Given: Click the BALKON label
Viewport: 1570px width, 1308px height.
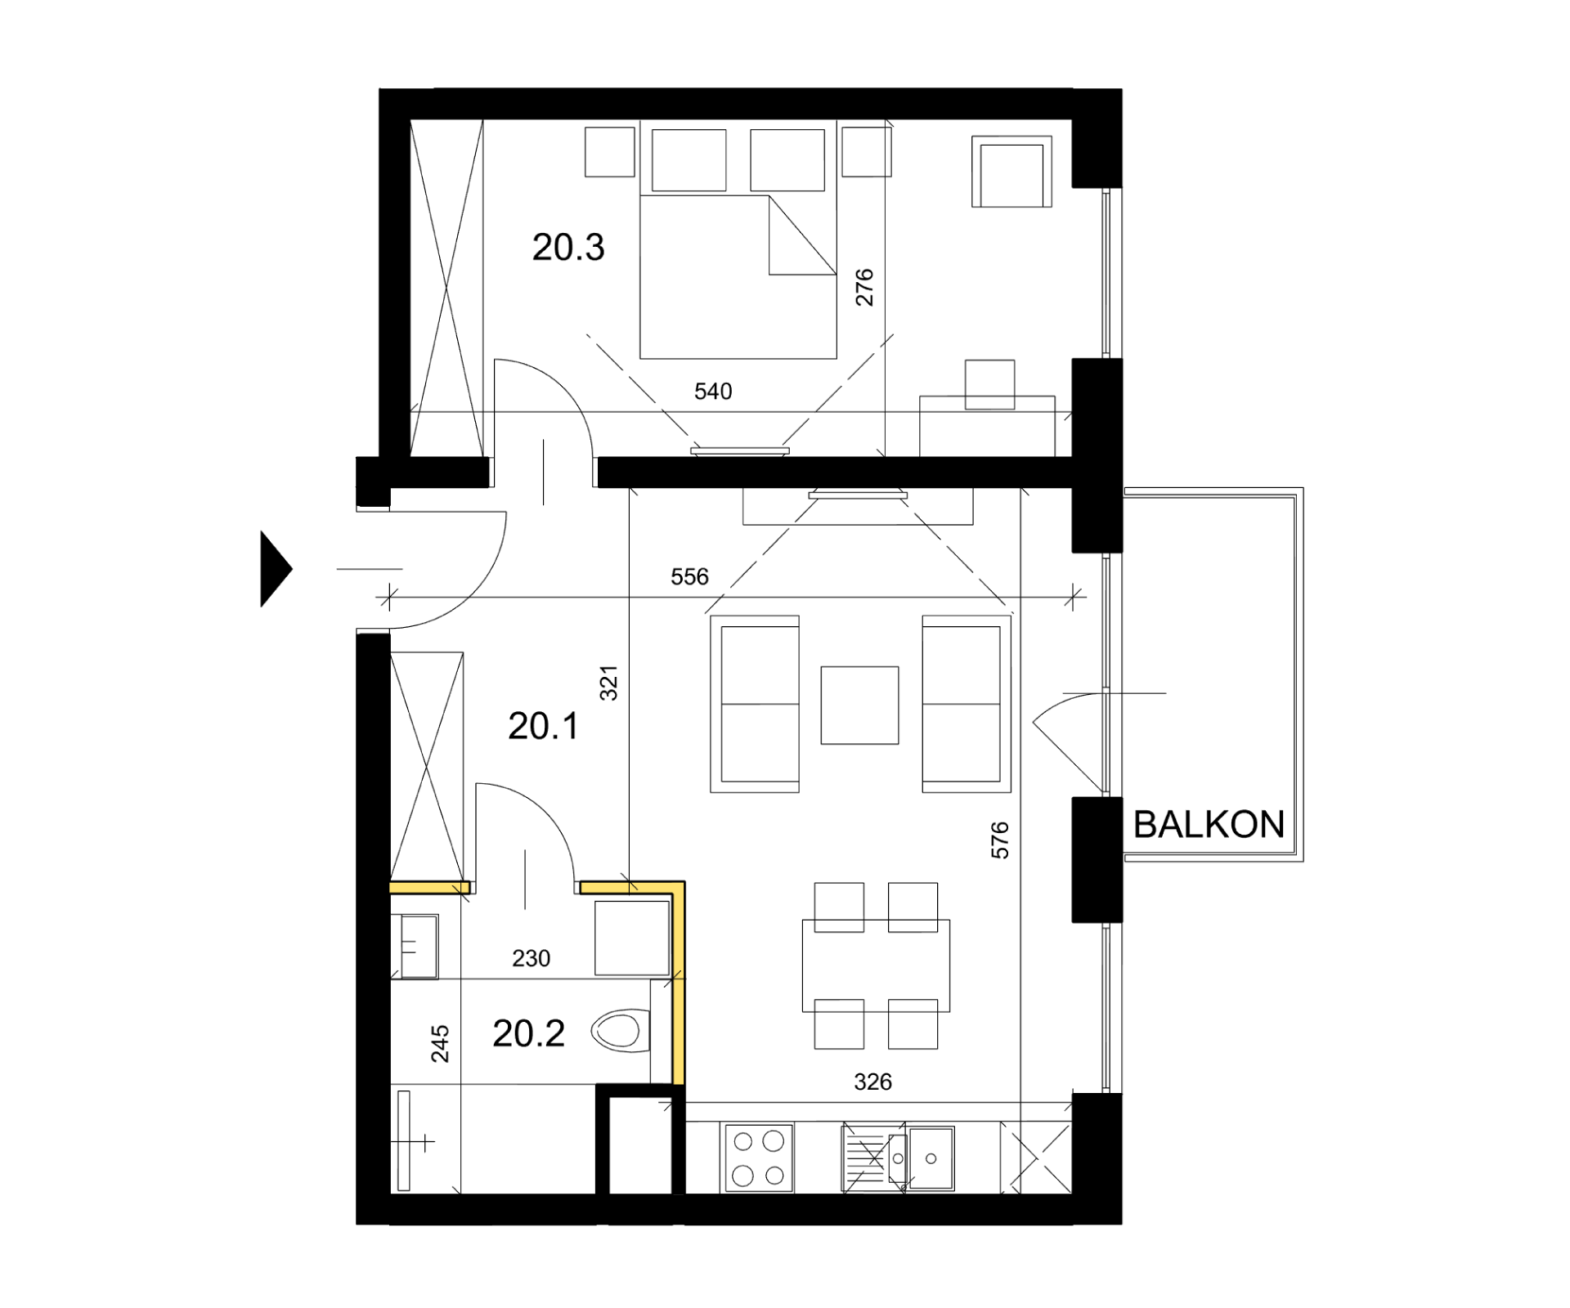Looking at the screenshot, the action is point(1209,825).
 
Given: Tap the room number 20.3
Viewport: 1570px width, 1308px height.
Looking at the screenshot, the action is point(568,247).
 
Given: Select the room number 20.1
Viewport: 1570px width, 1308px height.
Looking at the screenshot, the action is point(544,726).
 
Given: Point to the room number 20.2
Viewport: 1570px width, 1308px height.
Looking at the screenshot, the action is point(528,1034).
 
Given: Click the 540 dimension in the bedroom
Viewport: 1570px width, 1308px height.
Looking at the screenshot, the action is point(713,392).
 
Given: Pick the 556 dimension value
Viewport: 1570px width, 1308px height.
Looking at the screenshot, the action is point(689,577).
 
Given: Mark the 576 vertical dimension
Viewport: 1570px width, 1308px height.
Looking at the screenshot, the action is point(1000,840).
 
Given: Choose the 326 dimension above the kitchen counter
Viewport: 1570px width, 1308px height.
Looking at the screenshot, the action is point(872,1082).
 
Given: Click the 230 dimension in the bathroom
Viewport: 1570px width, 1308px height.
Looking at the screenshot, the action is point(532,958).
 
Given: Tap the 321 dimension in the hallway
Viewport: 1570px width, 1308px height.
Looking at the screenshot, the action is point(609,683).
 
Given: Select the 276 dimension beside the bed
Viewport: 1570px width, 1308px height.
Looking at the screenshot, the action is point(864,288).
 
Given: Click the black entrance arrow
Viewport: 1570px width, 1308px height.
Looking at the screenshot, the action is point(276,569).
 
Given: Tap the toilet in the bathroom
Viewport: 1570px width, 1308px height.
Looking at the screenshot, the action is point(620,1031).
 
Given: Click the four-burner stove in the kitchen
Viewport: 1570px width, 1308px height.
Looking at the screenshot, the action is point(758,1158).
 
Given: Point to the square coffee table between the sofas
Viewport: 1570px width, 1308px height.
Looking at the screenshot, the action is point(859,706).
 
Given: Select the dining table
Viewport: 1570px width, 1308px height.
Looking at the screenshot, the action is point(876,965).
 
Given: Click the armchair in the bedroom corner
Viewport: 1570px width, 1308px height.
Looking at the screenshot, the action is point(1012,172).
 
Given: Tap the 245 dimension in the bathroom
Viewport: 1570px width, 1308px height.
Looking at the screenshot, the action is point(440,1044).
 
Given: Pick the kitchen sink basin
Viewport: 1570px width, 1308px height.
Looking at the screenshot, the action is point(931,1158).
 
